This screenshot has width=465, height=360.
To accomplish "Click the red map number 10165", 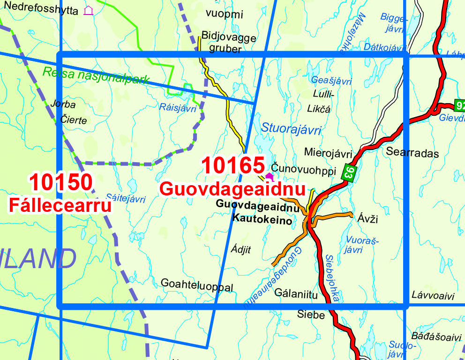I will [233, 166].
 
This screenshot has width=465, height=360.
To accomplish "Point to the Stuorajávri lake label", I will [291, 128].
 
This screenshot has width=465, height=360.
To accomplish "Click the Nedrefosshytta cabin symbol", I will [88, 10].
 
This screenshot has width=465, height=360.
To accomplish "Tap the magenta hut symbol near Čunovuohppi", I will [269, 177].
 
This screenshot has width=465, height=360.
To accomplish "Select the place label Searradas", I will [412, 153].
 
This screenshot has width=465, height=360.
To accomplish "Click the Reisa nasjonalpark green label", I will [96, 75].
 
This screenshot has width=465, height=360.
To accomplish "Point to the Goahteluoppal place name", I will [196, 285].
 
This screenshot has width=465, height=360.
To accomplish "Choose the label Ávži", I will [367, 219].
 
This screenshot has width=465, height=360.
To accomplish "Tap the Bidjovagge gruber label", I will [229, 43].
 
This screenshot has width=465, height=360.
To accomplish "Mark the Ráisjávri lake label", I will [178, 108].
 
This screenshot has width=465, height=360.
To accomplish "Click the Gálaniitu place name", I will [296, 294].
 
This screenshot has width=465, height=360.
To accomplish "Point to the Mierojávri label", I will [328, 153].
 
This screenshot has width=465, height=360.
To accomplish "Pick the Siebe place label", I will [311, 315].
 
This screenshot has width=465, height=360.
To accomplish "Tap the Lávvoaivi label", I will [433, 295].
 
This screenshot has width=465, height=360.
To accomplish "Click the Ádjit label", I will [241, 250].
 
